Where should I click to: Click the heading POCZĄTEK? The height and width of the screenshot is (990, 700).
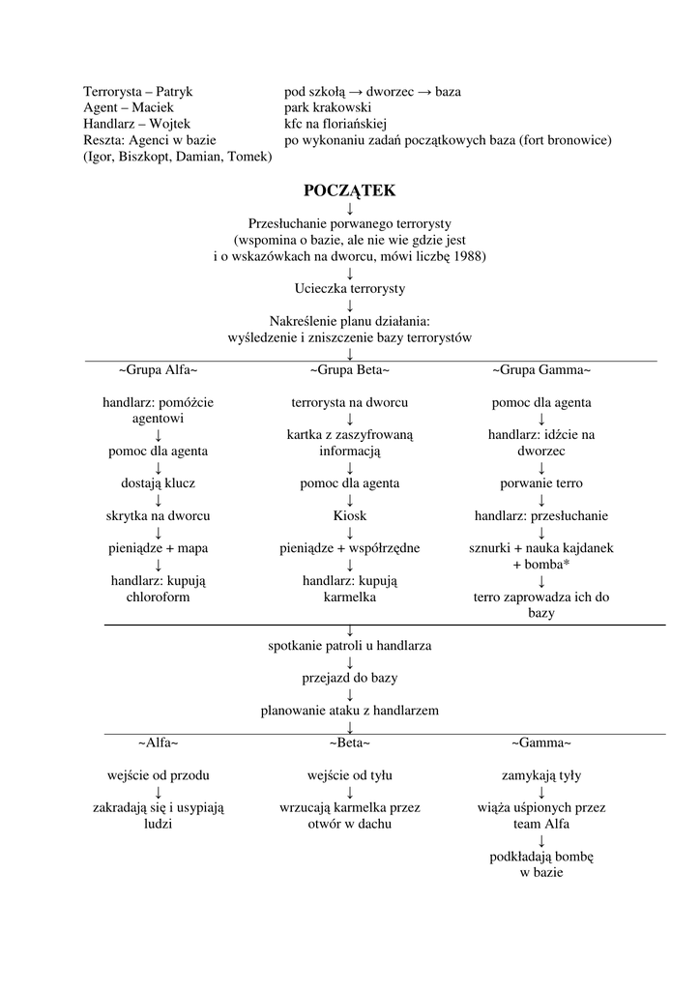[349, 190]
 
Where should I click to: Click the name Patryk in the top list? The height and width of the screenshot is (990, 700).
[174, 92]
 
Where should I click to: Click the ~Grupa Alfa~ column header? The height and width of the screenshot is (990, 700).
[158, 370]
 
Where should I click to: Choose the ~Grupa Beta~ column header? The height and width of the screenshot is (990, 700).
[349, 370]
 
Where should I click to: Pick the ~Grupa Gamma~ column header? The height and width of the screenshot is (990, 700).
[541, 370]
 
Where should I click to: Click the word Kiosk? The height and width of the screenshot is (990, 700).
[349, 515]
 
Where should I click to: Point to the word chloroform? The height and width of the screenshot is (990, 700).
[158, 597]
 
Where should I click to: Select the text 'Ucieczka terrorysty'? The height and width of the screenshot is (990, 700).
[349, 288]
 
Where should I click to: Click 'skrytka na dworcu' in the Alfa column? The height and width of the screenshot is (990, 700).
[158, 515]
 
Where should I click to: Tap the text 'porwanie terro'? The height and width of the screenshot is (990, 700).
[541, 482]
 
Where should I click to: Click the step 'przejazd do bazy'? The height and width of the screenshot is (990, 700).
[349, 678]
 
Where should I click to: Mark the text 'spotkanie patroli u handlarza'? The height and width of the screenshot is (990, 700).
[349, 645]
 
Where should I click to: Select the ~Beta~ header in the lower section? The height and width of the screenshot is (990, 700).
[349, 742]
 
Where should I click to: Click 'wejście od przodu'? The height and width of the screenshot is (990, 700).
[158, 775]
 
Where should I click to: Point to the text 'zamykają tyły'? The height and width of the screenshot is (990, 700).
[541, 775]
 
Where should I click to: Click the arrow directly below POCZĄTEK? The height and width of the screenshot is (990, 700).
[349, 208]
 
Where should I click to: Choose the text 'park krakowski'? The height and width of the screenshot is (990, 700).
[328, 107]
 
